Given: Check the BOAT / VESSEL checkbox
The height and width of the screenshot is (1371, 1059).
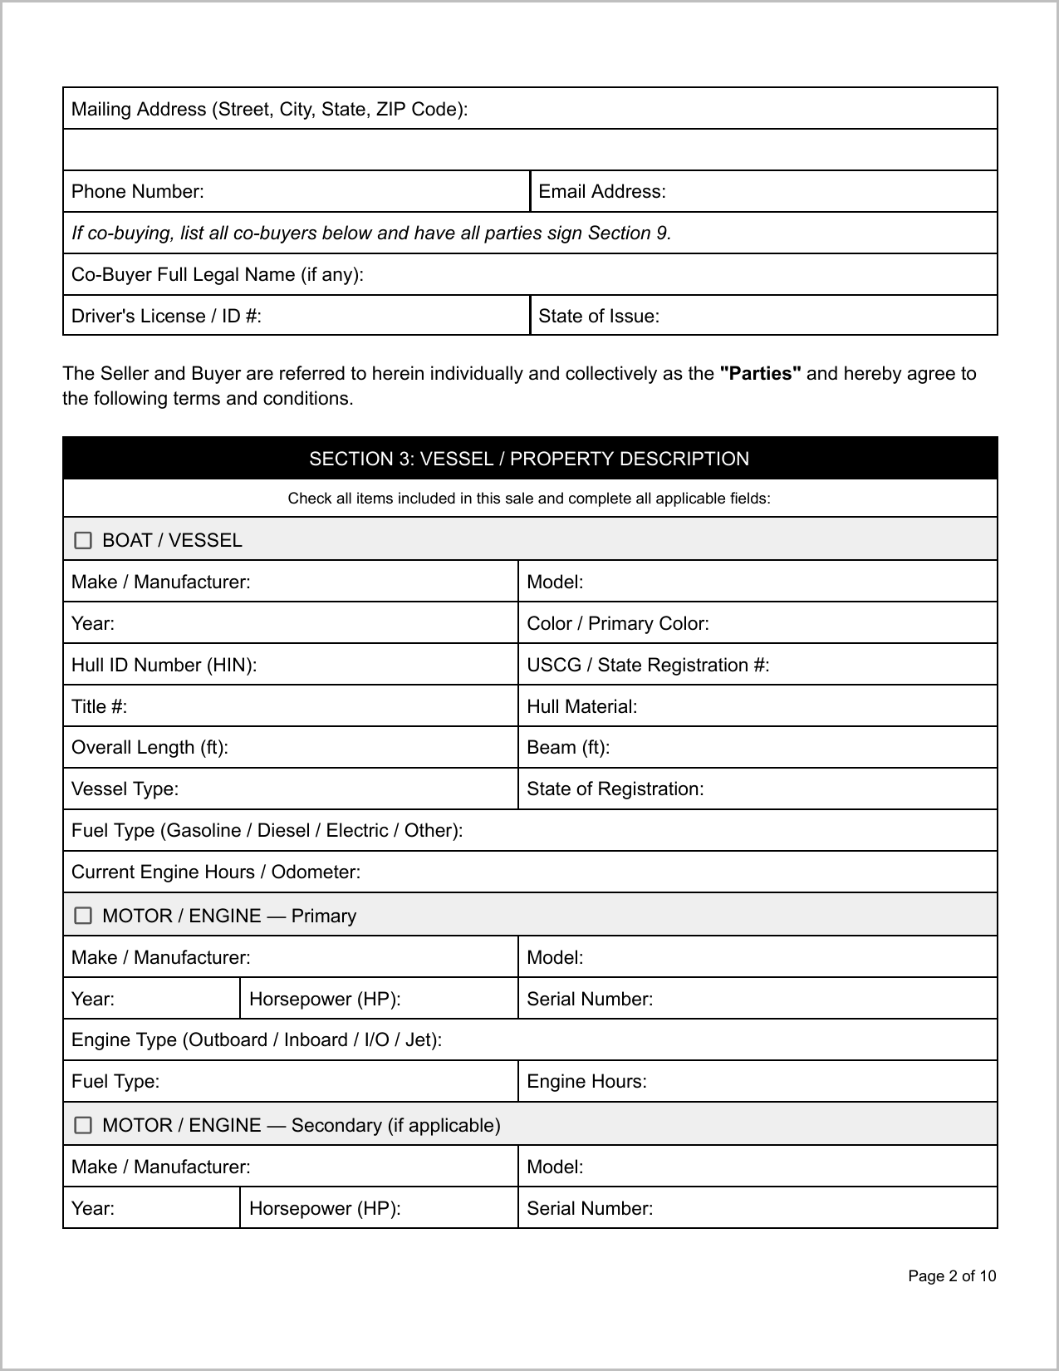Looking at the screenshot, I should point(83,541).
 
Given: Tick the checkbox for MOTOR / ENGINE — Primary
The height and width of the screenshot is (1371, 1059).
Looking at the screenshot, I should point(83,916).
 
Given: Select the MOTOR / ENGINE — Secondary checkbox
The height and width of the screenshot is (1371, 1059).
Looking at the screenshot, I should point(83,1125).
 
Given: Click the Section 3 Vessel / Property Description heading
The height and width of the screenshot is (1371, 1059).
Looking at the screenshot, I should point(529,459).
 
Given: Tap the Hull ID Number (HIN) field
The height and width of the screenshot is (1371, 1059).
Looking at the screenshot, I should point(382,665).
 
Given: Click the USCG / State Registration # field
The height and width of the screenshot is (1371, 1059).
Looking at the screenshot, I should point(880,665).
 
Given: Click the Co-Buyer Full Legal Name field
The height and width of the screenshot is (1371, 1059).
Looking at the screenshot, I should point(664,275).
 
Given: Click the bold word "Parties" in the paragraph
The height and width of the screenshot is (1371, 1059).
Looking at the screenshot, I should point(760,374).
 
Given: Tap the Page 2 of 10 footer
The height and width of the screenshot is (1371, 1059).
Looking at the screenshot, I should point(952,1276).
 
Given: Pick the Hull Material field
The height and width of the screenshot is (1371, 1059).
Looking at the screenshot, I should point(814,706).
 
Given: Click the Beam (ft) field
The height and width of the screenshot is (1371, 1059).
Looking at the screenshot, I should point(797,748).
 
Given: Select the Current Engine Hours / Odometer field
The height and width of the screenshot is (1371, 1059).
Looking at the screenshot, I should point(664,872).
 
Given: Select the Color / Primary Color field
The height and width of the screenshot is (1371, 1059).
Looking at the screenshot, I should point(847,624).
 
